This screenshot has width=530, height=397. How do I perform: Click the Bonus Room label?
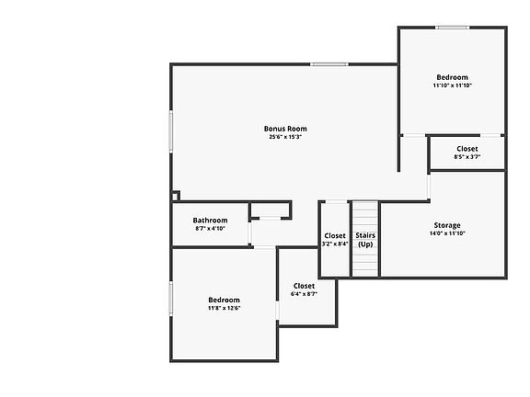tap(285, 129)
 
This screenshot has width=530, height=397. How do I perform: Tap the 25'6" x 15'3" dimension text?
tap(285, 137)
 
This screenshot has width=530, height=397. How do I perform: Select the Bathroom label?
tap(210, 221)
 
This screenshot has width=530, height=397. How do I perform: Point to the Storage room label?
tap(447, 225)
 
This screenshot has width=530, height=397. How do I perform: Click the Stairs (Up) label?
tap(365, 240)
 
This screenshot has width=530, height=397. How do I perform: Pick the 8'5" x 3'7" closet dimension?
tap(467, 156)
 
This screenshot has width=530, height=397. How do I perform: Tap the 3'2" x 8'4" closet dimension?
tap(335, 244)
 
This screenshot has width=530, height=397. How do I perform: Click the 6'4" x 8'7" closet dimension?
tap(304, 294)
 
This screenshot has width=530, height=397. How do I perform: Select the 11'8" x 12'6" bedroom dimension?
tap(225, 308)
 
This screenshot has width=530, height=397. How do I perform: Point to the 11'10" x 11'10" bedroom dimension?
tap(453, 85)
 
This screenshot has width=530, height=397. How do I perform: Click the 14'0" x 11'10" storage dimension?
tap(447, 233)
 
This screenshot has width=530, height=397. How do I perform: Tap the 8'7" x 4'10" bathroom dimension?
tap(210, 228)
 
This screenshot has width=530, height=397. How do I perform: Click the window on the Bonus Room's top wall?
tap(329, 64)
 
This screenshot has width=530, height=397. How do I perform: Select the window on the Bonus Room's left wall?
tap(171, 131)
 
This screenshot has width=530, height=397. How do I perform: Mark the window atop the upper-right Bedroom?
tap(453, 28)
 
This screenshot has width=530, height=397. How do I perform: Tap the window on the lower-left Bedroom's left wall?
tap(171, 299)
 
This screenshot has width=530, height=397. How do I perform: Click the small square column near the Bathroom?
tap(176, 196)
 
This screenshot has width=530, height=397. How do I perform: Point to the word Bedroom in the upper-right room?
tap(453, 77)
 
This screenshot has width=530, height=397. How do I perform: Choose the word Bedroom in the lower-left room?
tap(225, 300)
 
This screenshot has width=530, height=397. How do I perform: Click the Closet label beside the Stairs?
tap(335, 235)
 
